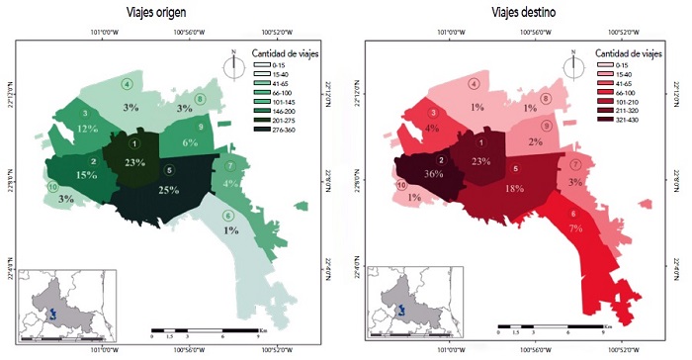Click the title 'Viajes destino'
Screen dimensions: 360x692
[523, 13]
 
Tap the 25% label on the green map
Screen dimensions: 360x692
[168, 190]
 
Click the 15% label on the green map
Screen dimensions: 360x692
[86, 175]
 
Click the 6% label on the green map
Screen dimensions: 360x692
[191, 142]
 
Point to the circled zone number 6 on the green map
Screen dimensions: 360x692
[228, 217]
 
